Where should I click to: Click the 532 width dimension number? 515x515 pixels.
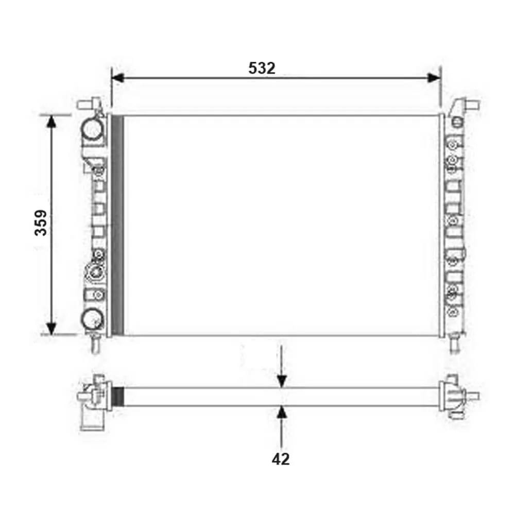tap(262, 68)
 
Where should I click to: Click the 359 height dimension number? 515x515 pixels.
tap(41, 222)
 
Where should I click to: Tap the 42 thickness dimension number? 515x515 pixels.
tap(281, 459)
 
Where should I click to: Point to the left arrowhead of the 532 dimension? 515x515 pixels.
tap(117, 78)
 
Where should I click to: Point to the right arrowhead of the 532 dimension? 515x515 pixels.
tap(434, 78)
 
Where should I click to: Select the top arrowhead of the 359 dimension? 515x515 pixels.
tap(51, 121)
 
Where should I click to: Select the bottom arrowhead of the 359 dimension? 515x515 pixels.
tap(51, 329)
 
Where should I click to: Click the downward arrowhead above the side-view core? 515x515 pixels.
tap(282, 381)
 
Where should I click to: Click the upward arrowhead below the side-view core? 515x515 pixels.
tap(282, 412)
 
